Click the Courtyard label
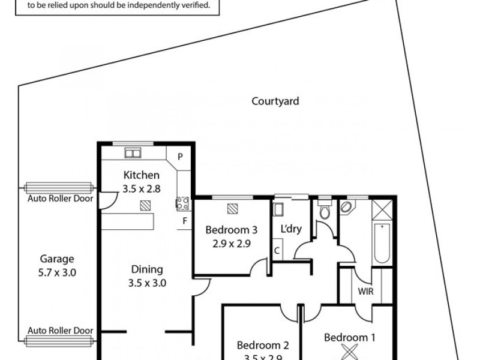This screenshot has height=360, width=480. tap(275, 101)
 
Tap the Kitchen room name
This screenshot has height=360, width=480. tap(142, 175)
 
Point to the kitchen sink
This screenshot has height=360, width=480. tap(132, 152)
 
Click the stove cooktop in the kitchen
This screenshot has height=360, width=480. tap(182, 203)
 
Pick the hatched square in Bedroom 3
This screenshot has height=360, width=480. tap(233, 208)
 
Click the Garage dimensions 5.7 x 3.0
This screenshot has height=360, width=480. tap(57, 272)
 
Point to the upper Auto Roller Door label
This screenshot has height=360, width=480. tap(60, 198)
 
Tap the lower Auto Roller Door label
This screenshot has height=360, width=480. tap(60, 331)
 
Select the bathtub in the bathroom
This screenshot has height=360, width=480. tap(382, 243)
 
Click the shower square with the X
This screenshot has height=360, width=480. tap(382, 210)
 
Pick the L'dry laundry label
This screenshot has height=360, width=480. tap(291, 229)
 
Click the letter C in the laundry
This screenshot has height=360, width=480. tap(278, 250)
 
